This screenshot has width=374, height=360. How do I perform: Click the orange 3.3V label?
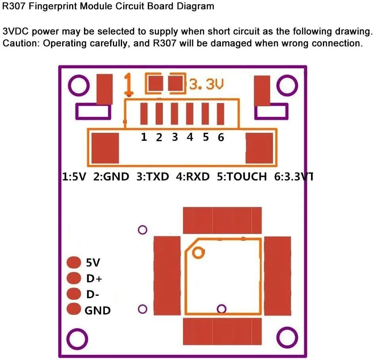pyautogui.click(x=206, y=84)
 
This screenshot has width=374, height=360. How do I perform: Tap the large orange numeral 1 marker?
pyautogui.click(x=128, y=84)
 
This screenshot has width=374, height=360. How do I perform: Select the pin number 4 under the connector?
pyautogui.click(x=190, y=137)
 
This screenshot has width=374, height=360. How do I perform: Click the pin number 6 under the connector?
pyautogui.click(x=221, y=137)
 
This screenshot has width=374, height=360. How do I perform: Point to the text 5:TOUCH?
pyautogui.click(x=242, y=176)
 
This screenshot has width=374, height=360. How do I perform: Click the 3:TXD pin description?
pyautogui.click(x=153, y=176)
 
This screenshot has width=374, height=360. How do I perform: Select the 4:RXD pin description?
pyautogui.click(x=193, y=176)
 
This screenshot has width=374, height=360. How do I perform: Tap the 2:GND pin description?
pyautogui.click(x=111, y=176)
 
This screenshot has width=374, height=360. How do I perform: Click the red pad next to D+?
pyautogui.click(x=74, y=278)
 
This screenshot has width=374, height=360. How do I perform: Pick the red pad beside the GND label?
pyautogui.click(x=74, y=309)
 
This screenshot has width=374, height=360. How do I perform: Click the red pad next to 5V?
pyautogui.click(x=74, y=262)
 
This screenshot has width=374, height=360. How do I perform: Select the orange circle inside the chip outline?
pyautogui.click(x=198, y=252)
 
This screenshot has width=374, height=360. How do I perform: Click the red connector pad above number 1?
pyautogui.click(x=144, y=114)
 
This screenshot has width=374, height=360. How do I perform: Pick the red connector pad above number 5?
pyautogui.click(x=206, y=114)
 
